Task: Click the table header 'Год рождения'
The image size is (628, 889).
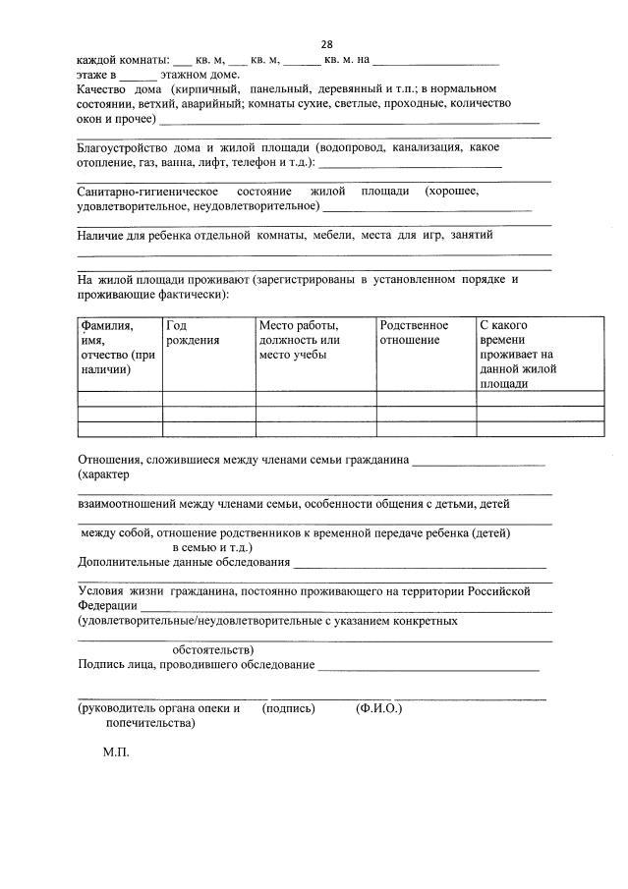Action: click(193, 332)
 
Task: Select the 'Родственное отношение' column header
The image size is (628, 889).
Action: click(414, 332)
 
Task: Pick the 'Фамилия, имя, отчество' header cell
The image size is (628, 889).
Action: click(118, 346)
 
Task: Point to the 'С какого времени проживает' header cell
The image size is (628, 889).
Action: click(519, 354)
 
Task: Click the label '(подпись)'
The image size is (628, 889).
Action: click(288, 707)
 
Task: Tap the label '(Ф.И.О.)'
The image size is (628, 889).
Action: click(378, 707)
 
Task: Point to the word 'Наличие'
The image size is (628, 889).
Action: click(99, 235)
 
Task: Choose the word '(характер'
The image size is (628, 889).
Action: click(103, 474)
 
